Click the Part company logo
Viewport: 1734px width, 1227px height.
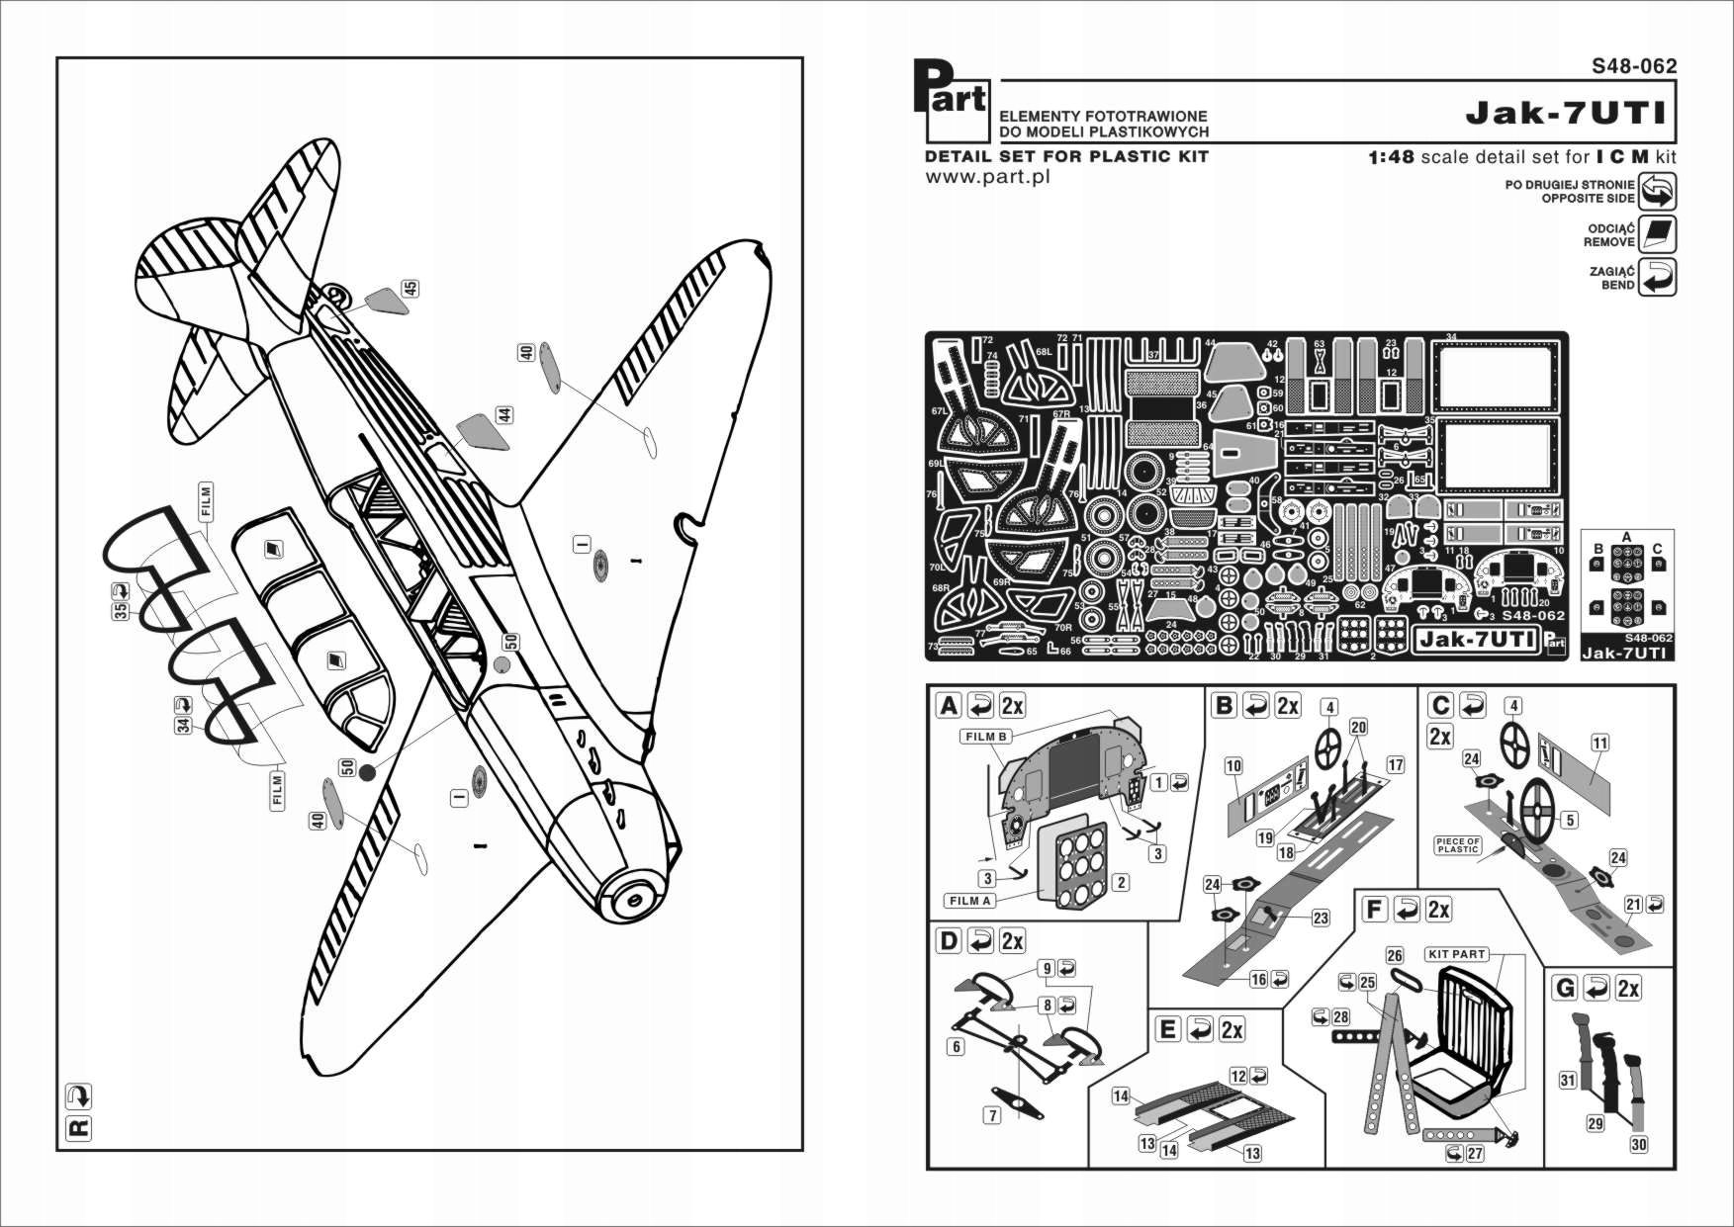pos(949,98)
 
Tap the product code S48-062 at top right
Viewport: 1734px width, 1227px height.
pos(1634,66)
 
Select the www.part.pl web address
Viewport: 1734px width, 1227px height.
pos(986,177)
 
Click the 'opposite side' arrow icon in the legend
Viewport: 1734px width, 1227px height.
pos(1657,191)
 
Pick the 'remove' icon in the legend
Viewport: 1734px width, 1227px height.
pos(1657,234)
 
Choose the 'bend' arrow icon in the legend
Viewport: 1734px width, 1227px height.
pos(1657,278)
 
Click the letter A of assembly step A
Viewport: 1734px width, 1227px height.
pos(949,705)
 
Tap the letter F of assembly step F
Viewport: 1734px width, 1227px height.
pos(1374,909)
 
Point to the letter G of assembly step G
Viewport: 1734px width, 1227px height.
pos(1565,988)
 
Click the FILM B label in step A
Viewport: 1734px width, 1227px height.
pos(986,737)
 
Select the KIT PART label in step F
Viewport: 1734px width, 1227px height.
pos(1456,954)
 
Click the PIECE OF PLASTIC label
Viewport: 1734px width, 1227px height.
pos(1458,845)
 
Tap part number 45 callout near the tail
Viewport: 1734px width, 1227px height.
pos(410,288)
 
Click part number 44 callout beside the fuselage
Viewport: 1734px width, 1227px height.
pos(505,415)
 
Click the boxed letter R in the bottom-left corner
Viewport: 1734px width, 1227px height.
pos(77,1128)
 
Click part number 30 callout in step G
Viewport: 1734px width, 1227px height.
pos(1638,1144)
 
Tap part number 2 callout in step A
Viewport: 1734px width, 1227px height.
pos(1121,882)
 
